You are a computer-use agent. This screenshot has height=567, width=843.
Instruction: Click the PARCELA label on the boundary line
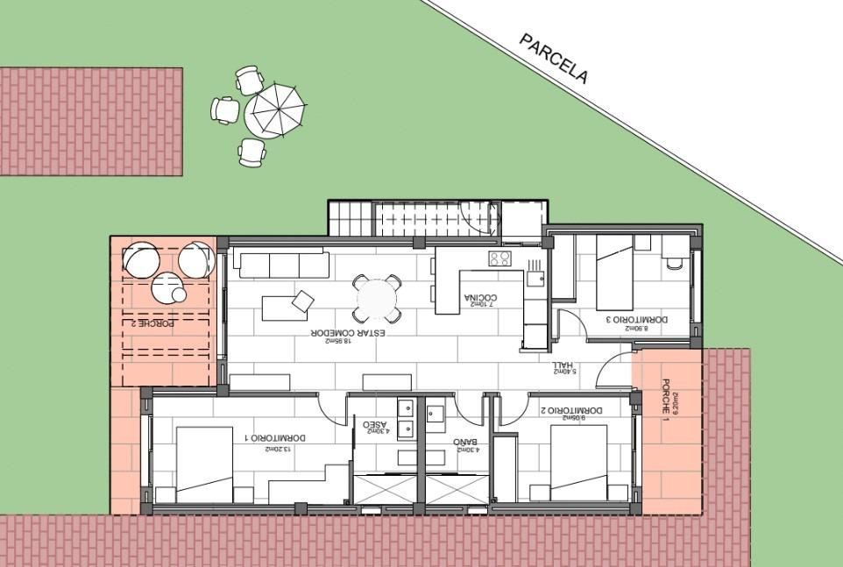click(554, 59)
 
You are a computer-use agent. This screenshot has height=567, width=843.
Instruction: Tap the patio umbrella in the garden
click(276, 109)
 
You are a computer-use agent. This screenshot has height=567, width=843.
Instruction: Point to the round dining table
click(376, 299)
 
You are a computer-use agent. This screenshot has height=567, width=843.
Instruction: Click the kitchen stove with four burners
click(500, 259)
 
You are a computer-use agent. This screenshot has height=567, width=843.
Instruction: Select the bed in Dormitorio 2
click(578, 464)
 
